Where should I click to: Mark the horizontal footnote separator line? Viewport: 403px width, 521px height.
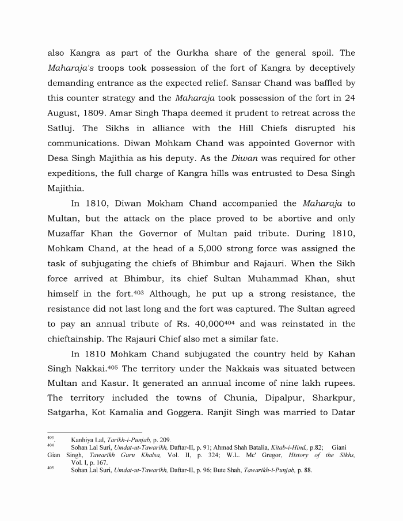[x=94, y=432]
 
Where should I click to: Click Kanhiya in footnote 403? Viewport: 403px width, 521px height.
[x=83, y=440]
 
